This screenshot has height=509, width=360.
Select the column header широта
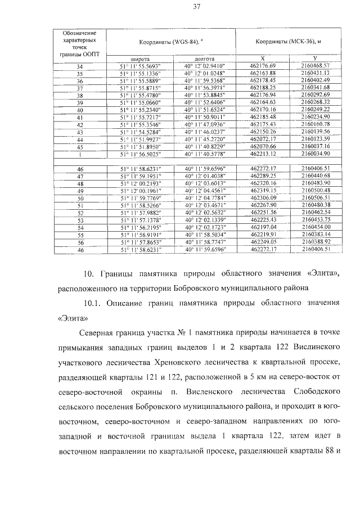[139, 58]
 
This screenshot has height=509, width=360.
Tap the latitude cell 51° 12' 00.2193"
[139, 184]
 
